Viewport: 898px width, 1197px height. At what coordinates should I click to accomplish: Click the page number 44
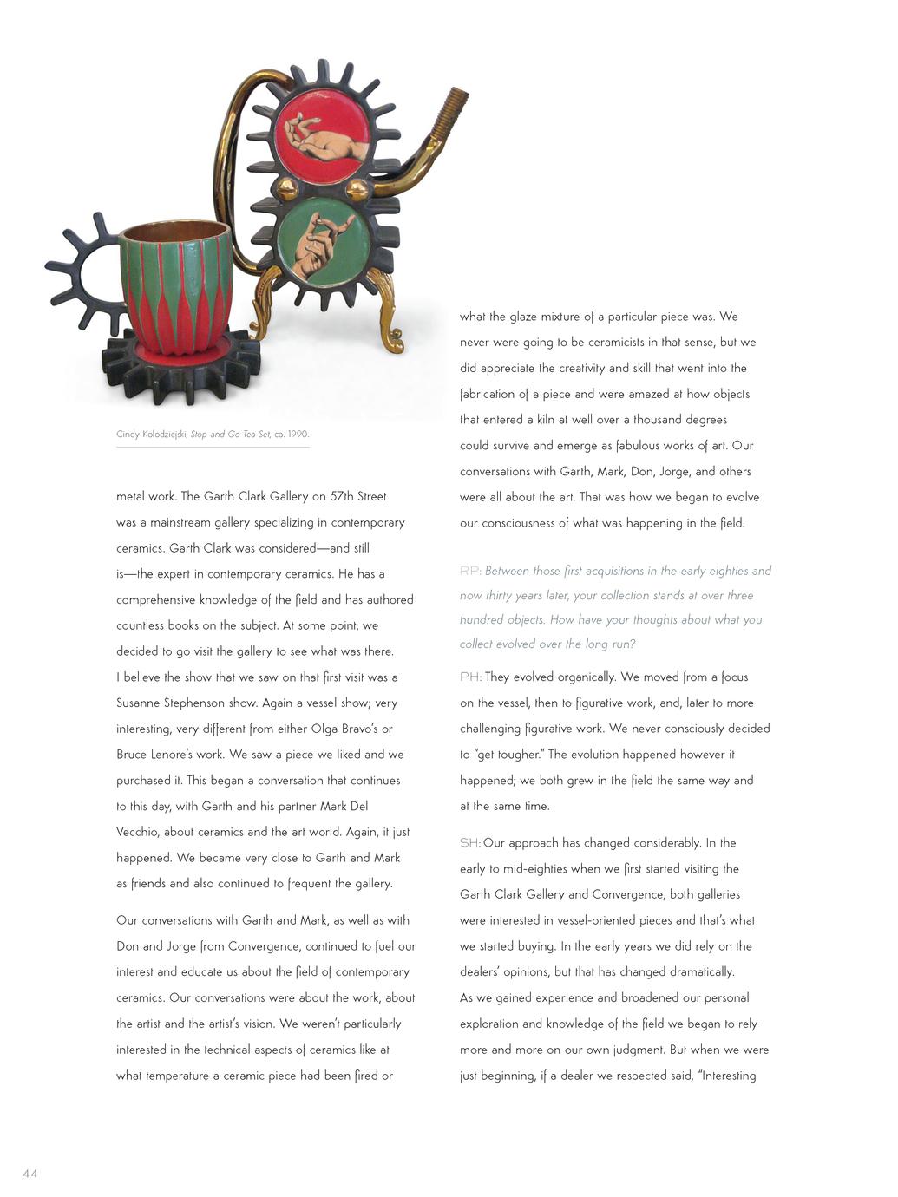click(x=30, y=1174)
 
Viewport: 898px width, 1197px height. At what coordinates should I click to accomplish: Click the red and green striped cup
click(x=179, y=286)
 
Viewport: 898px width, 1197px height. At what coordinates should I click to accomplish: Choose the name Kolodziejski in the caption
click(x=162, y=435)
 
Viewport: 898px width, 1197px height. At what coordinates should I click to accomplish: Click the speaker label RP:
click(x=470, y=571)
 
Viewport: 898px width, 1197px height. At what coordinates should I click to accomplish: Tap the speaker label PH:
click(x=470, y=677)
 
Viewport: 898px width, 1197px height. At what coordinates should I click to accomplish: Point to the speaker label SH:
click(x=470, y=843)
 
